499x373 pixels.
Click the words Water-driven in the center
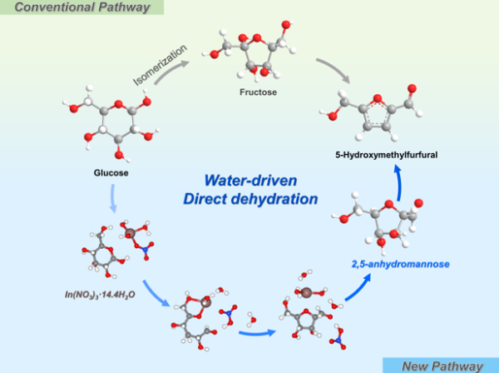pyautogui.click(x=249, y=181)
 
